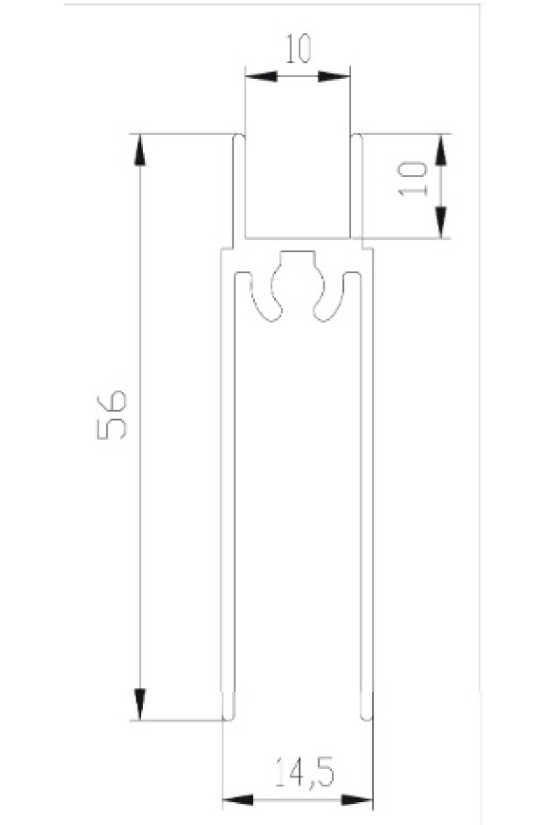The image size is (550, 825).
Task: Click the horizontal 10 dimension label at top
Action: (299, 49)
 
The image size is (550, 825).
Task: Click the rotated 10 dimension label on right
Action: (413, 179)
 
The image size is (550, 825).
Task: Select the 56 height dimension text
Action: (112, 414)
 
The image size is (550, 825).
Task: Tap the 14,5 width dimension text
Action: (303, 773)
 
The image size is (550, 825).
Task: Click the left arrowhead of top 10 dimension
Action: (261, 77)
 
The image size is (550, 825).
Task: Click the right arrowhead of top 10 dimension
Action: (334, 77)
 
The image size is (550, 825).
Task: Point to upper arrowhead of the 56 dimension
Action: (139, 150)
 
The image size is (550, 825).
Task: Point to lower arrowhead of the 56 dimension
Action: (139, 704)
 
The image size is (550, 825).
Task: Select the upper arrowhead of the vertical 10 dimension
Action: (441, 150)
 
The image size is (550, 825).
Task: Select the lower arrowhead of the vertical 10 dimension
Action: (441, 223)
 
